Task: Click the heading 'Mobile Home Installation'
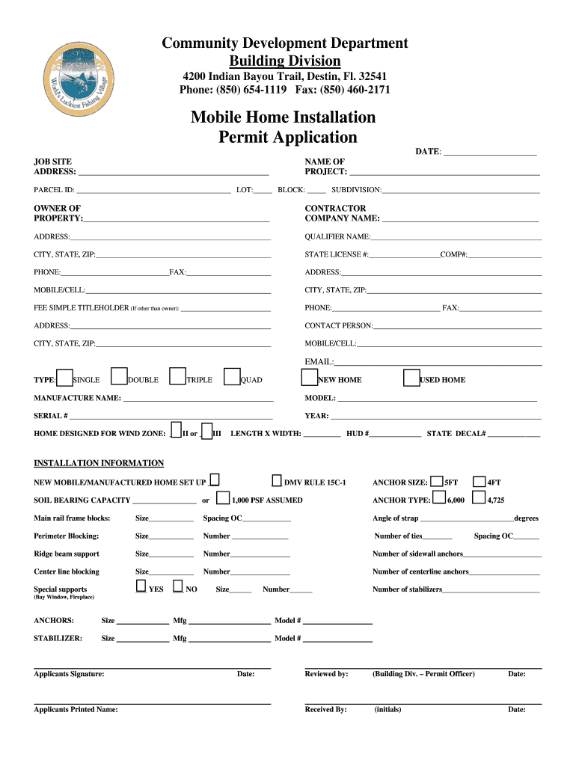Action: coord(283,117)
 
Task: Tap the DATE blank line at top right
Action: coord(490,153)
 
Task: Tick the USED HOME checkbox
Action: coord(411,379)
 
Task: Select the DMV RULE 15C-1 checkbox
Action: coord(276,480)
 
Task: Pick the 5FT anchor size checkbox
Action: coord(438,482)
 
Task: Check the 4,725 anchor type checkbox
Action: coord(479,498)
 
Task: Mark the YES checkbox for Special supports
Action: coord(141,587)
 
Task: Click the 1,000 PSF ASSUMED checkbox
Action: coord(222,498)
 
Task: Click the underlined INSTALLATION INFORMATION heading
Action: coord(99,463)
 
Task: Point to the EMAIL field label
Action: coord(313,362)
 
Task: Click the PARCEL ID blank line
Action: coord(153,191)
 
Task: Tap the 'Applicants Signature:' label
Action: coord(69,674)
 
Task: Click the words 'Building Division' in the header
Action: coord(284,61)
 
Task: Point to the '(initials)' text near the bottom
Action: coord(387,710)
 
